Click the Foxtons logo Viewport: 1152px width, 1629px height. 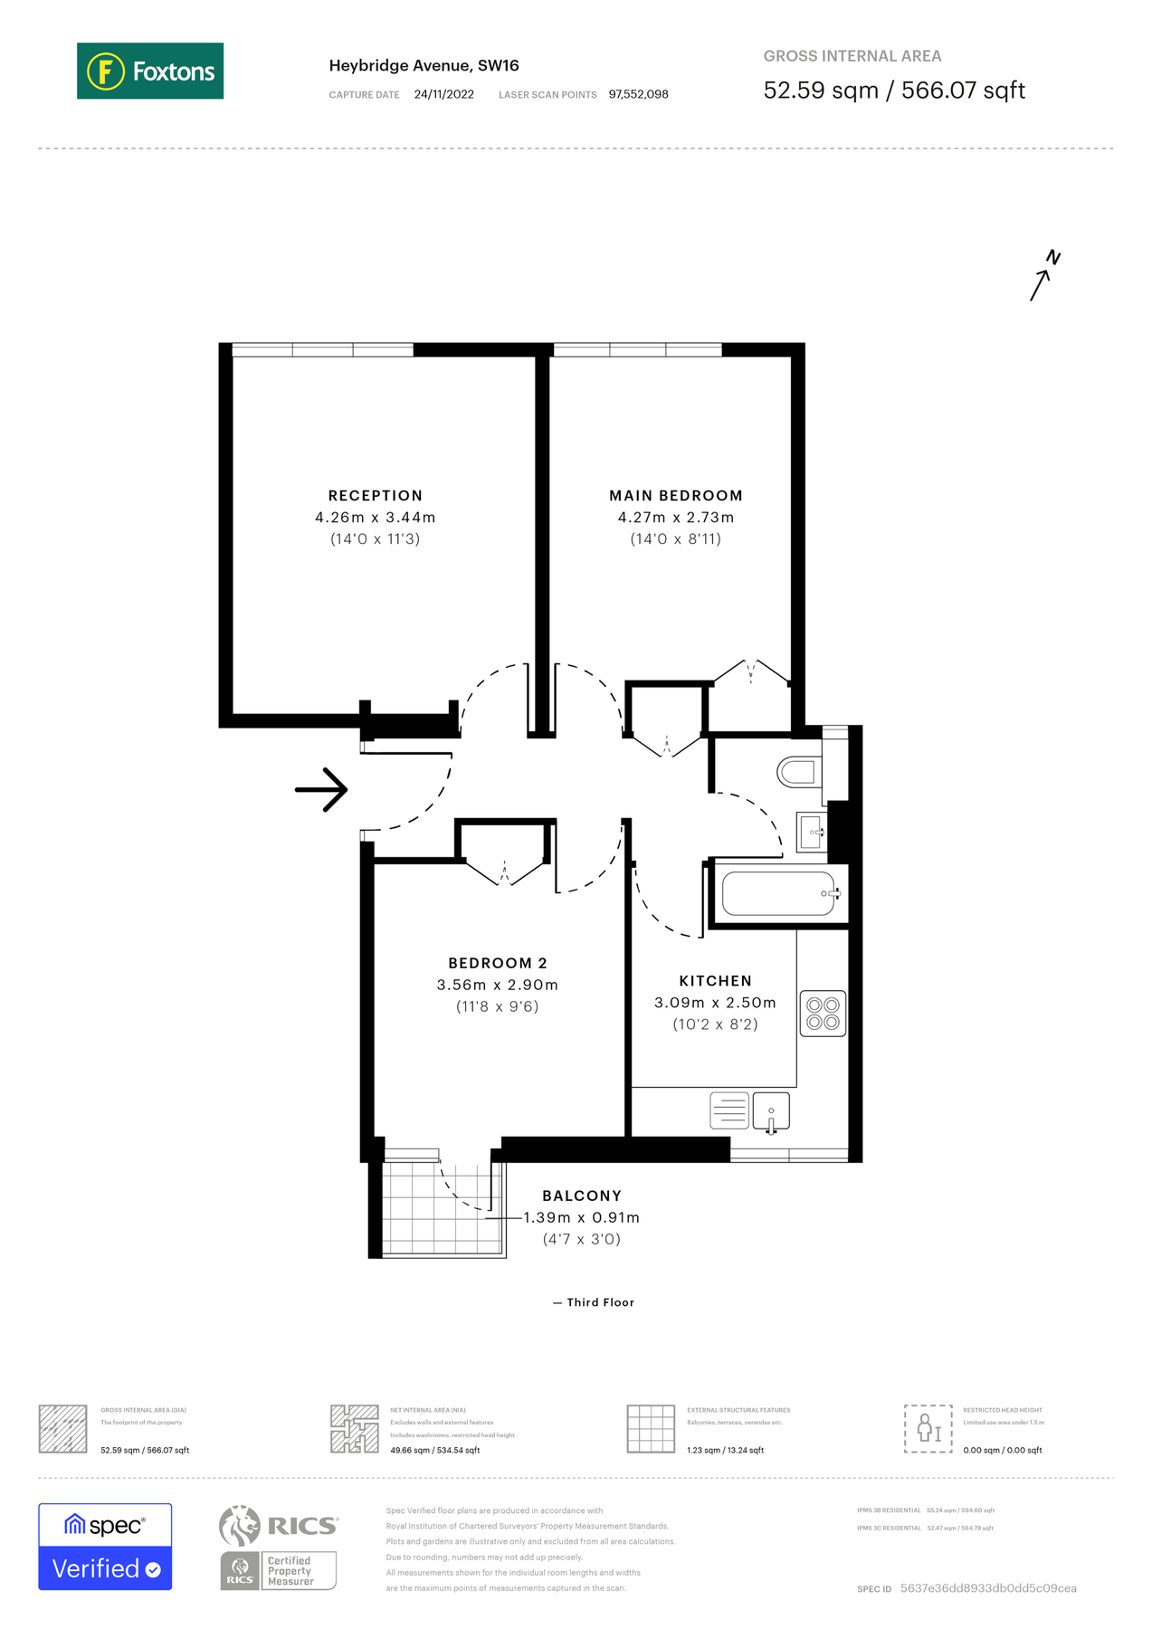150,71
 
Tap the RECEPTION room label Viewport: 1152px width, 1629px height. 375,495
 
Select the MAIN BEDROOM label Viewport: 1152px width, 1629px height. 675,495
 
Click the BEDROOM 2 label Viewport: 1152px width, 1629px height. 497,963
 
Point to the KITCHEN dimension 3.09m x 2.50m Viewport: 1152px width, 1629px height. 715,1003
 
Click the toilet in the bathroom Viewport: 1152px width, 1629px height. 797,772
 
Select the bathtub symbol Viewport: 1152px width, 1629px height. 778,894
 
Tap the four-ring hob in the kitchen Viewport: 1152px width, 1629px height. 823,1014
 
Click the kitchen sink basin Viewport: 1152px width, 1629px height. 770,1110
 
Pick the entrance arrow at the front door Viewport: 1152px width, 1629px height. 322,789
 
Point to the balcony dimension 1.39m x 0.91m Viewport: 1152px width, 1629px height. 581,1217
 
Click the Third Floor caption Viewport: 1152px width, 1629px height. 594,1302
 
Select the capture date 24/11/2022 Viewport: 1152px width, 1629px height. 443,94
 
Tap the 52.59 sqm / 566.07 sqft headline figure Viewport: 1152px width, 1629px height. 893,90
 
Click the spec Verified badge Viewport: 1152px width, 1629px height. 105,1546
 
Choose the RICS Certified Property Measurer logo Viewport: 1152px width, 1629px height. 278,1548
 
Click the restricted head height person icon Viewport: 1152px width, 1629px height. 928,1428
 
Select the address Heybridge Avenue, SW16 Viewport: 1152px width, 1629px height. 424,65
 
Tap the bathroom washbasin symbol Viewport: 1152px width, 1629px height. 811,832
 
